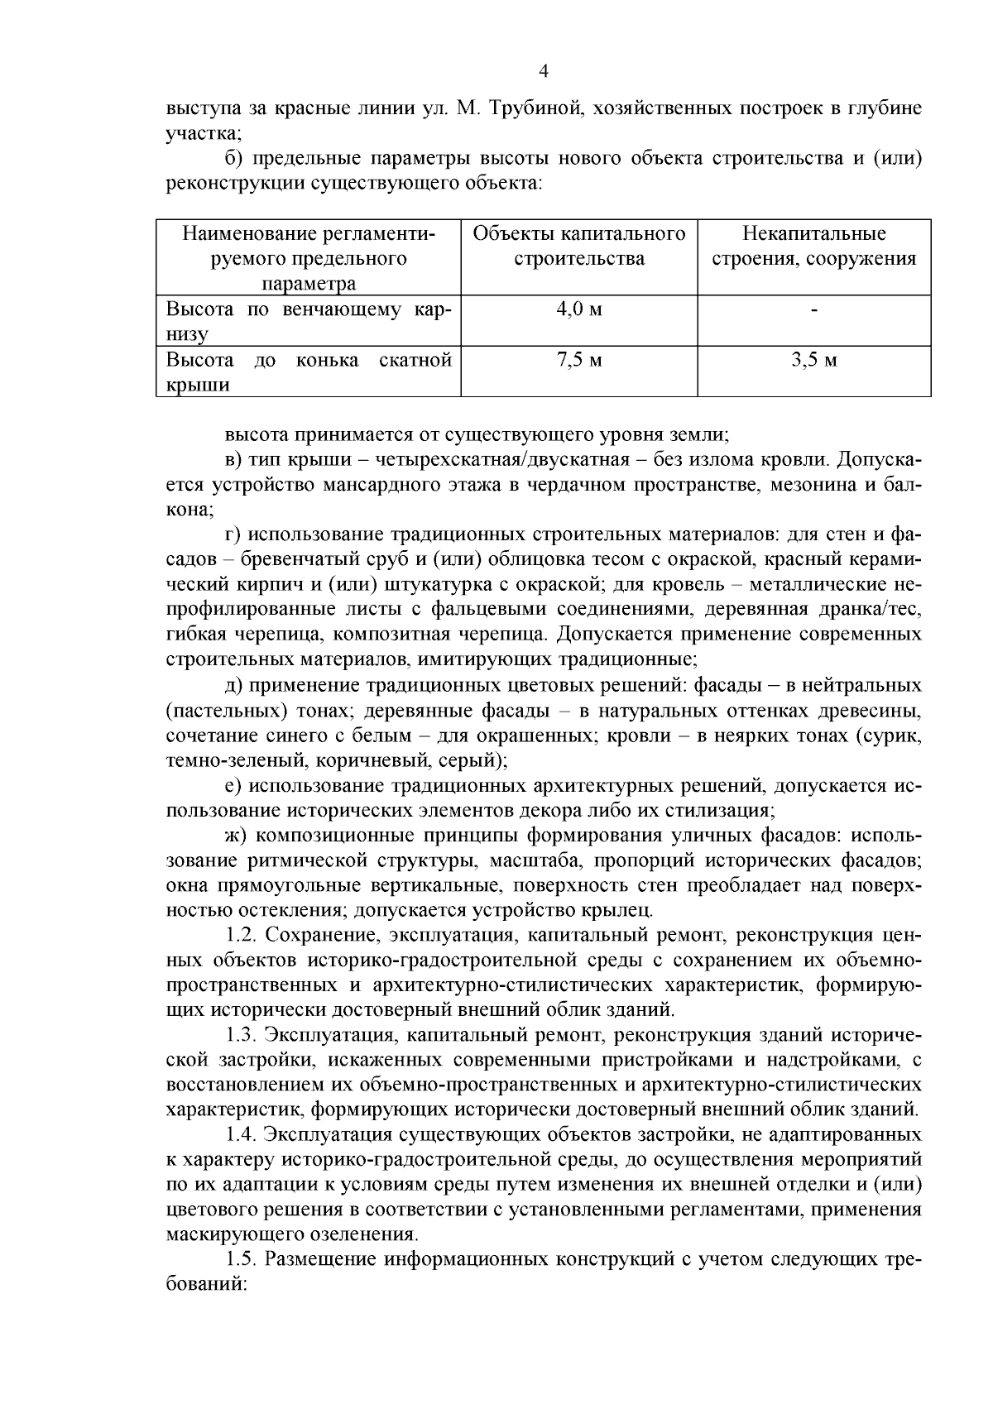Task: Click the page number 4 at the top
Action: tap(544, 72)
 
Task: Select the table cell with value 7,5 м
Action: tap(578, 360)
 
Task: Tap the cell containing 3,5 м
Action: tap(813, 360)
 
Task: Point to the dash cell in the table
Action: tap(814, 311)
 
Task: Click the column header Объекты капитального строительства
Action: tap(578, 246)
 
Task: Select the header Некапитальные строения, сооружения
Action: tap(814, 246)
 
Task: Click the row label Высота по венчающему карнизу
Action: tap(308, 322)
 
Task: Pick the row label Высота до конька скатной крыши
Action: tap(308, 372)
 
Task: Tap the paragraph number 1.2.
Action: tap(242, 936)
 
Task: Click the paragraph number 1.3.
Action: tap(242, 1035)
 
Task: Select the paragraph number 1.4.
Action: tap(242, 1134)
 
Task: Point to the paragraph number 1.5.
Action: tap(242, 1259)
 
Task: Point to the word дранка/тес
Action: tap(866, 610)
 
